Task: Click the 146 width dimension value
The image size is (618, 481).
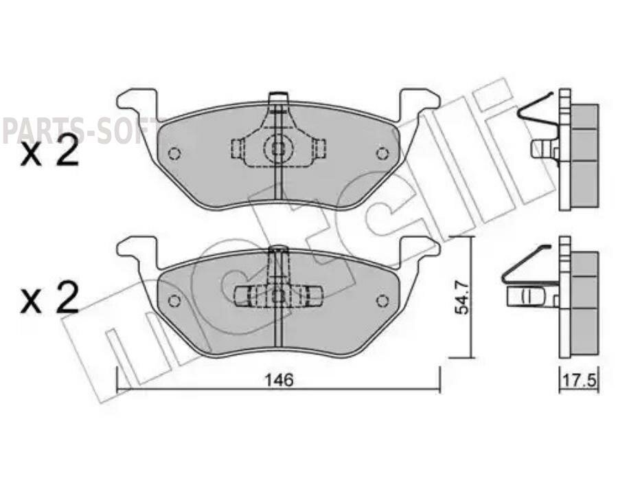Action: tap(279, 380)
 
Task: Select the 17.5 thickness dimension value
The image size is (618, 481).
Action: tap(578, 380)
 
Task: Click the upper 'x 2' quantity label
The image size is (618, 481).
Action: tap(49, 153)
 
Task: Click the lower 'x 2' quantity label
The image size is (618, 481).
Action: tap(49, 300)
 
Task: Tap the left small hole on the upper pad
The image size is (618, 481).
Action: tap(174, 153)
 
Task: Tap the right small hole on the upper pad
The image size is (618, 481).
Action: tap(382, 153)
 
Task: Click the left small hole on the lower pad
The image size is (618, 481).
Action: tap(174, 300)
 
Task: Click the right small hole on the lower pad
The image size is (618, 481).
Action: tap(382, 300)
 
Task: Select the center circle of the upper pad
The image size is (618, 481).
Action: tap(278, 147)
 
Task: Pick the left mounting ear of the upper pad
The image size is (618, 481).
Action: tap(138, 103)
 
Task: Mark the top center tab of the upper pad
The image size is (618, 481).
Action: tap(278, 98)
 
